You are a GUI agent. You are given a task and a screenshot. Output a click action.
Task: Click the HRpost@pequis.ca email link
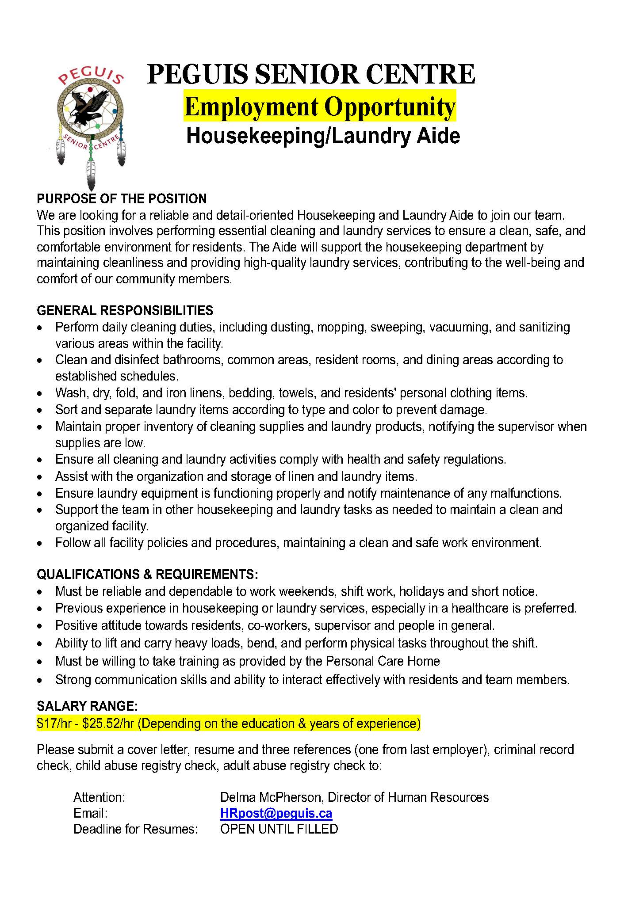tap(276, 813)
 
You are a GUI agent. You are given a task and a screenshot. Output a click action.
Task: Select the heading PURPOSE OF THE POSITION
tap(122, 199)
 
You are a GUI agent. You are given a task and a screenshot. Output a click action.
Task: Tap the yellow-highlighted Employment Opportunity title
tap(320, 107)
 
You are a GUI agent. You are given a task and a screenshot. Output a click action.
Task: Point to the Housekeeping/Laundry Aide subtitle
tap(323, 136)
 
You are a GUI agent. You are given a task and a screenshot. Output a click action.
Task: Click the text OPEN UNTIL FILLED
tap(279, 829)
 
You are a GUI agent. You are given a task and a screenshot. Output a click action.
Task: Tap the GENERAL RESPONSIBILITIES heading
tap(125, 311)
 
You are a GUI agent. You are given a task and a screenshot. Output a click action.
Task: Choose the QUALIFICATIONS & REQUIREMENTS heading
tap(147, 575)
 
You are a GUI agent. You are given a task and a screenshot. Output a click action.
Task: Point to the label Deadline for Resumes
tap(135, 829)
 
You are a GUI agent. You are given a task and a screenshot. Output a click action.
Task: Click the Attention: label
tap(100, 797)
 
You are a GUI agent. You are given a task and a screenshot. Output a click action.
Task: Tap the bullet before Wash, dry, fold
tap(41, 393)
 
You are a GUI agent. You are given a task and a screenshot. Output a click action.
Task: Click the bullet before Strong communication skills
tap(41, 680)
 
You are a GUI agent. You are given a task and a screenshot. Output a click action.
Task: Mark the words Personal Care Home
tap(383, 661)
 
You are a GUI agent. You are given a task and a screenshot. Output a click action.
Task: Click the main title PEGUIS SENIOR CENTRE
tap(311, 74)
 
